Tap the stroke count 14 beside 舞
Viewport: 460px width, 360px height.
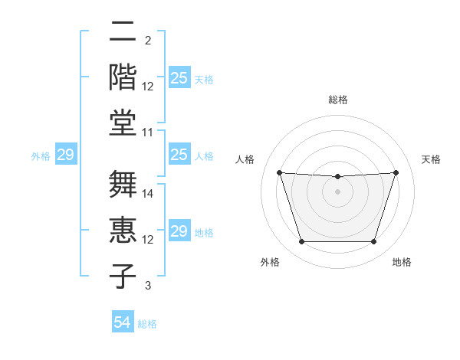click(149, 195)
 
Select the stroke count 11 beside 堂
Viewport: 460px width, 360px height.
click(149, 133)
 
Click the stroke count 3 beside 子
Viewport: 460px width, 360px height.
click(149, 286)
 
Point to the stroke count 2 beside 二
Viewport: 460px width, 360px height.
click(148, 41)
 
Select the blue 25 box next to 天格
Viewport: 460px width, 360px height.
click(179, 78)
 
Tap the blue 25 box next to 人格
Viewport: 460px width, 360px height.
click(179, 155)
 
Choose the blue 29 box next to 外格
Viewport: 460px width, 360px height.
click(66, 155)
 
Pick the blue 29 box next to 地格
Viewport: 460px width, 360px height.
click(179, 232)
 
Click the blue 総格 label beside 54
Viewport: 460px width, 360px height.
click(147, 324)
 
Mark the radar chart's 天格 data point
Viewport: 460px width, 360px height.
click(396, 172)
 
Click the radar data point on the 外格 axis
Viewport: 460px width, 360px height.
click(301, 242)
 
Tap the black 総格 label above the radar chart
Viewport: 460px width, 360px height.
click(337, 100)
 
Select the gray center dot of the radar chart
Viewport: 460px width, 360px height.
click(337, 191)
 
